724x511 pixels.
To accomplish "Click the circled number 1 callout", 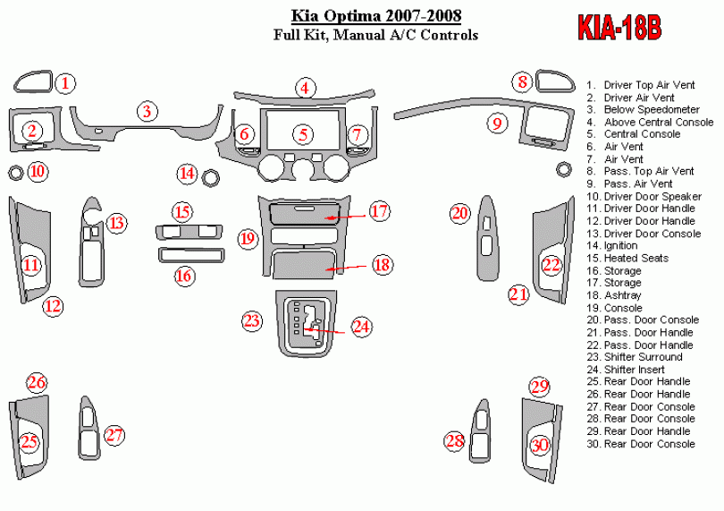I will pos(65,83).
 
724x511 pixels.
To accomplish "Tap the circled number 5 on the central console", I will pos(304,135).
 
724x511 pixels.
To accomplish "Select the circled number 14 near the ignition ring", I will pos(186,173).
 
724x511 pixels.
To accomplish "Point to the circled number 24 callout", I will pos(361,328).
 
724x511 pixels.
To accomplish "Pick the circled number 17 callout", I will pos(380,212).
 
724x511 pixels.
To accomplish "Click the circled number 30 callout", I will pos(539,445).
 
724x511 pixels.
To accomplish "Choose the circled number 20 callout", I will pos(459,213).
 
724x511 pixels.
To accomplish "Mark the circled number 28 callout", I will pos(455,440).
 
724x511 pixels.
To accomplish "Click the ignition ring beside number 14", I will pos(213,177).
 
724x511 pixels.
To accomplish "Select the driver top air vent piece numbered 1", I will pos(32,82).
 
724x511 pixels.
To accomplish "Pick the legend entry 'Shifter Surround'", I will pos(643,357).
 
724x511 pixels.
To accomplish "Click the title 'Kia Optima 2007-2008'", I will pos(383,16).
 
